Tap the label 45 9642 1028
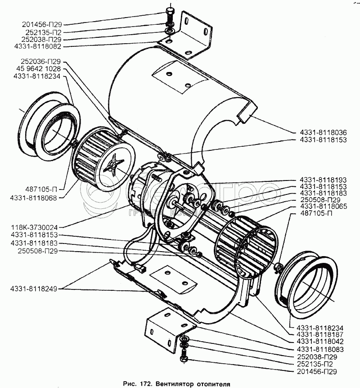click(x=40, y=69)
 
